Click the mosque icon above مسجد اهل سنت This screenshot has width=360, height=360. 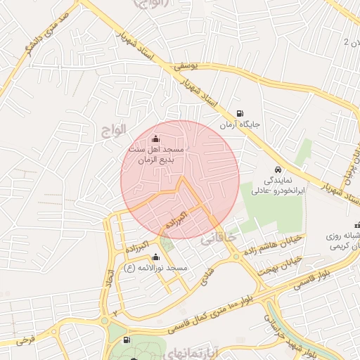[155, 138]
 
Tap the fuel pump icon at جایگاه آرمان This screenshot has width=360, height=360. [241, 113]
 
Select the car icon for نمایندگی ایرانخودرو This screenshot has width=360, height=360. [278, 170]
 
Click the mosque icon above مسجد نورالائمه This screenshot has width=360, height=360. [155, 257]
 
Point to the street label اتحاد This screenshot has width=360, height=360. [109, 282]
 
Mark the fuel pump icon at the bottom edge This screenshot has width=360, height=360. [126, 340]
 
